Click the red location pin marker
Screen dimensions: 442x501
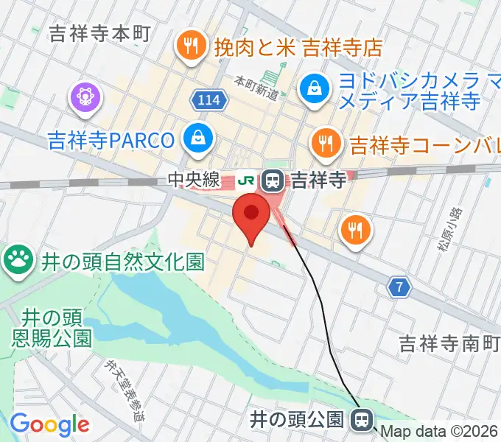(251, 215)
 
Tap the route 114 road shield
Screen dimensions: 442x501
(209, 99)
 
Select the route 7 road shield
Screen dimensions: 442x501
(399, 289)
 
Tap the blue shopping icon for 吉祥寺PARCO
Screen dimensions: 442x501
(199, 137)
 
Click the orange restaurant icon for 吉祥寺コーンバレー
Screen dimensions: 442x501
(325, 140)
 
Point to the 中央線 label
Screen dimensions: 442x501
(194, 179)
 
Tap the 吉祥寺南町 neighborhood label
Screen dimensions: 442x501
(446, 343)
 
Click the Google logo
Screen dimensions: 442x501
(49, 425)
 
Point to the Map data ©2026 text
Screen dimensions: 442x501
(440, 432)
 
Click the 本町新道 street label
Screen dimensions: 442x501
(256, 87)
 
